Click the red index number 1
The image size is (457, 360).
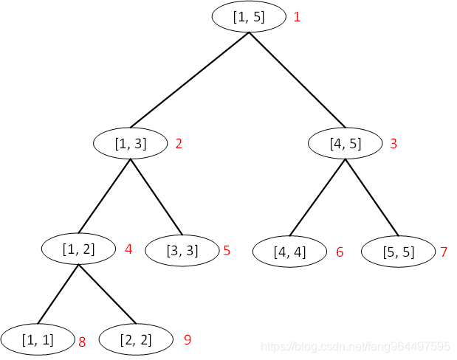(297, 17)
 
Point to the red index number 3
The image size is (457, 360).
(394, 144)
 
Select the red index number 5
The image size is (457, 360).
(227, 251)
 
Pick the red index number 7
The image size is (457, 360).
(444, 252)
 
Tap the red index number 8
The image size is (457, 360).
(82, 342)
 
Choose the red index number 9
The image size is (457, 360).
(188, 339)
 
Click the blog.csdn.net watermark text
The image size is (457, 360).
(357, 347)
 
